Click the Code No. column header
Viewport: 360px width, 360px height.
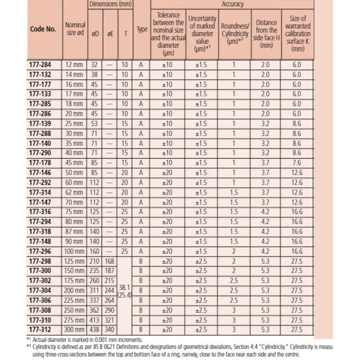pyautogui.click(x=43, y=29)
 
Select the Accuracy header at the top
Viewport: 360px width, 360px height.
pyautogui.click(x=232, y=4)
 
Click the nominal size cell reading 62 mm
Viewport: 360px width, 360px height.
pyautogui.click(x=74, y=192)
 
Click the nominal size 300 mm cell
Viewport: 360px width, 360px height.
pyautogui.click(x=74, y=329)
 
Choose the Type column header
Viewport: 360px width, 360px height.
pyautogui.click(x=142, y=29)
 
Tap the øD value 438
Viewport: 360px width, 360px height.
pyautogui.click(x=95, y=329)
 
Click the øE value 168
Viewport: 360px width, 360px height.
pyautogui.click(x=110, y=261)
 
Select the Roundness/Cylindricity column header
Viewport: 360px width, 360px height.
pyautogui.click(x=234, y=29)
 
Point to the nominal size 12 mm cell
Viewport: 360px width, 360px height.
pyautogui.click(x=74, y=64)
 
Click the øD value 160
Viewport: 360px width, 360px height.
pyautogui.click(x=95, y=251)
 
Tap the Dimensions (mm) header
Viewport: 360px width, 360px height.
pyautogui.click(x=109, y=4)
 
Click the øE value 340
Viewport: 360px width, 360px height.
pyautogui.click(x=110, y=329)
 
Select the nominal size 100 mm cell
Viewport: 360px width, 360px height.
pyautogui.click(x=74, y=251)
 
